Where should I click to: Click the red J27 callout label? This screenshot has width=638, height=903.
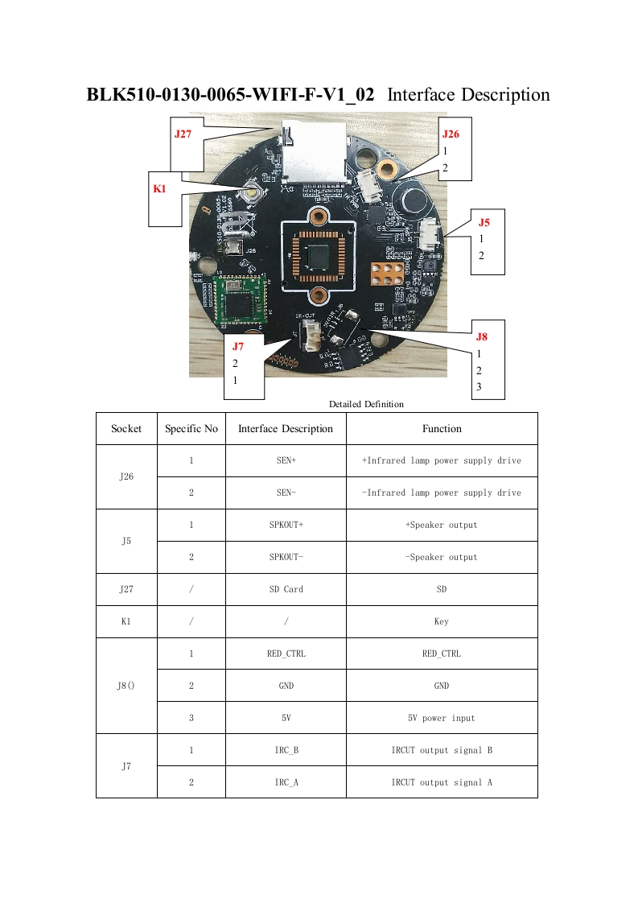tap(183, 134)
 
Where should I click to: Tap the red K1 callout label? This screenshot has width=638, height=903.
tap(159, 189)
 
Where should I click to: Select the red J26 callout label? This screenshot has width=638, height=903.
tap(451, 134)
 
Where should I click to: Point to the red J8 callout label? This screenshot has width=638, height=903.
tap(481, 336)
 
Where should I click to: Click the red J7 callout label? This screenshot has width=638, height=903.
tap(238, 347)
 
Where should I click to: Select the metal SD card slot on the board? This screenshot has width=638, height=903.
tap(314, 153)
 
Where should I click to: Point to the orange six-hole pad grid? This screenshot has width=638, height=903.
tap(386, 272)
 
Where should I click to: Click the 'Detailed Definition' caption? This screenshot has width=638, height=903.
tap(366, 404)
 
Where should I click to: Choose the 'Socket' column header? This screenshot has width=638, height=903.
tap(126, 429)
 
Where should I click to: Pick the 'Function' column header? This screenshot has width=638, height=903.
tap(442, 429)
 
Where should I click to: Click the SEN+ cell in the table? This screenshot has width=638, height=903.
tap(286, 461)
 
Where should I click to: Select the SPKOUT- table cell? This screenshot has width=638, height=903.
tap(286, 557)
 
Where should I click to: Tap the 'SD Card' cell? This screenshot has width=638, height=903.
tap(286, 589)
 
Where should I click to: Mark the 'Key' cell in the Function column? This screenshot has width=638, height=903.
tap(442, 621)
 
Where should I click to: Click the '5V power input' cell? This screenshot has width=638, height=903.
tap(442, 718)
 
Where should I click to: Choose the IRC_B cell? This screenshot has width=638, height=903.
tap(286, 750)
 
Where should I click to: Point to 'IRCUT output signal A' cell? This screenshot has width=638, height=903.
tap(442, 782)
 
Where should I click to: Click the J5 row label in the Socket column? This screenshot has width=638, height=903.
tap(126, 541)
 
